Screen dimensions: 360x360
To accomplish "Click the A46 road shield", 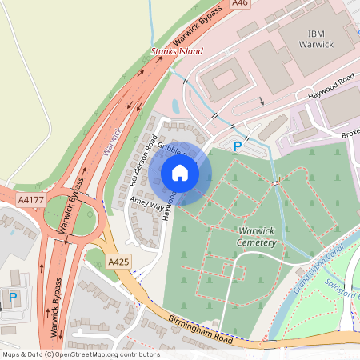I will [240, 4].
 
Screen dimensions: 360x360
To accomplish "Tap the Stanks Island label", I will [177, 51].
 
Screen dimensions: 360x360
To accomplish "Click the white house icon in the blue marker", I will [180, 172].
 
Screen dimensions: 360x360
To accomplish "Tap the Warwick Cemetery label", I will [258, 236].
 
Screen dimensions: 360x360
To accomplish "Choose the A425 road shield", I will [118, 261].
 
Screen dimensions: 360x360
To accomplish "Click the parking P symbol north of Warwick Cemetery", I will [237, 146].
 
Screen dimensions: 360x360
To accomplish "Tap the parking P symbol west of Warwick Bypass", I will [12, 298].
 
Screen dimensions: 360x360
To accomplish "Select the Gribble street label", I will [170, 148].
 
